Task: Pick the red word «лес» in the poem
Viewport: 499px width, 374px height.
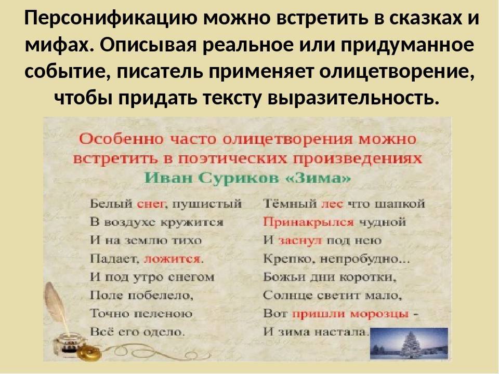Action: pos(333,204)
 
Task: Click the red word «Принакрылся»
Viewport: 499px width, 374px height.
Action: pos(308,222)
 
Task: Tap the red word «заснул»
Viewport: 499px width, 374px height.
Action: pos(300,241)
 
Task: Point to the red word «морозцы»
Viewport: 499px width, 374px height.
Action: pos(379,314)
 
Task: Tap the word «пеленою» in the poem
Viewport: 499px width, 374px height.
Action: pos(163,314)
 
